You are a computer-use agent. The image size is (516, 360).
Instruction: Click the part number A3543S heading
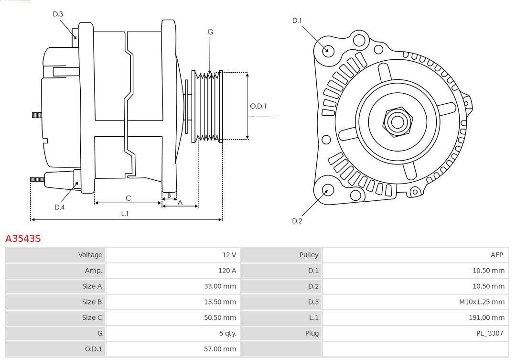click(23, 238)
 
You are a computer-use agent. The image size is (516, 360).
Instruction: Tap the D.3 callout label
click(58, 14)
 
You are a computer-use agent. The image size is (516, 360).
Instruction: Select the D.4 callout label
click(59, 207)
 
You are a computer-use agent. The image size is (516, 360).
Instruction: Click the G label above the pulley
click(210, 32)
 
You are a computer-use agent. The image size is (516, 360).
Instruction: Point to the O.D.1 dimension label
click(258, 106)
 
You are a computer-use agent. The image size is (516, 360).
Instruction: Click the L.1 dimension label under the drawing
click(125, 214)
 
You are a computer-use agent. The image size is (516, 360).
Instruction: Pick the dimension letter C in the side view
click(128, 198)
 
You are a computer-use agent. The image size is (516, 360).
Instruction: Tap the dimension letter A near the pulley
click(180, 202)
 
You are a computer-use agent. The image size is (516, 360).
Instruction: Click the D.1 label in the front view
click(297, 20)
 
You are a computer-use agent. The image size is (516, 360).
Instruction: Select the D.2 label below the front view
click(297, 221)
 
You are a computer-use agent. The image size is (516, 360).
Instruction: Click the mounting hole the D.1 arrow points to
click(328, 50)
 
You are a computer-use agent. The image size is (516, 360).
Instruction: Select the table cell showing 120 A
click(227, 271)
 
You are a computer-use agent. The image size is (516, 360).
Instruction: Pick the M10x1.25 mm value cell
click(482, 302)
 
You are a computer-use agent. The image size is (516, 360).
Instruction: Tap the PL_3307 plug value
click(489, 333)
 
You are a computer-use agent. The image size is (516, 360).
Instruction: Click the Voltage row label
click(90, 255)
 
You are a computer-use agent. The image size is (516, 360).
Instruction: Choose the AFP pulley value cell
click(496, 255)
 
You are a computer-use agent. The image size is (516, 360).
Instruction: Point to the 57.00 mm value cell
click(220, 349)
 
